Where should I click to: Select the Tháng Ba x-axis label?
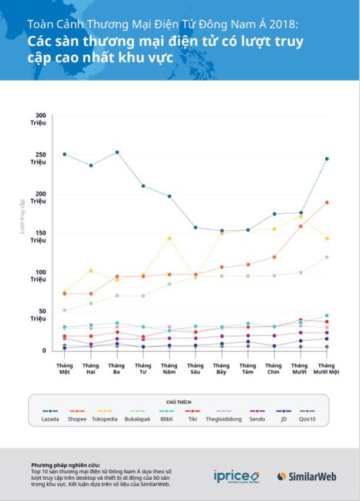117,369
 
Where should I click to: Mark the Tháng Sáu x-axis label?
196,369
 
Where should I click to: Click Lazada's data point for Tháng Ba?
117,152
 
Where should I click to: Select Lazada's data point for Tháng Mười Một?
326,159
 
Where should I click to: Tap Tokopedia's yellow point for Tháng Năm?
170,238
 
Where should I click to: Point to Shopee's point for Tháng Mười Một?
326,203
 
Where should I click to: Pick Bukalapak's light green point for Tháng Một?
65,310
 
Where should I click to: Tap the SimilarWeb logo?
306,476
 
